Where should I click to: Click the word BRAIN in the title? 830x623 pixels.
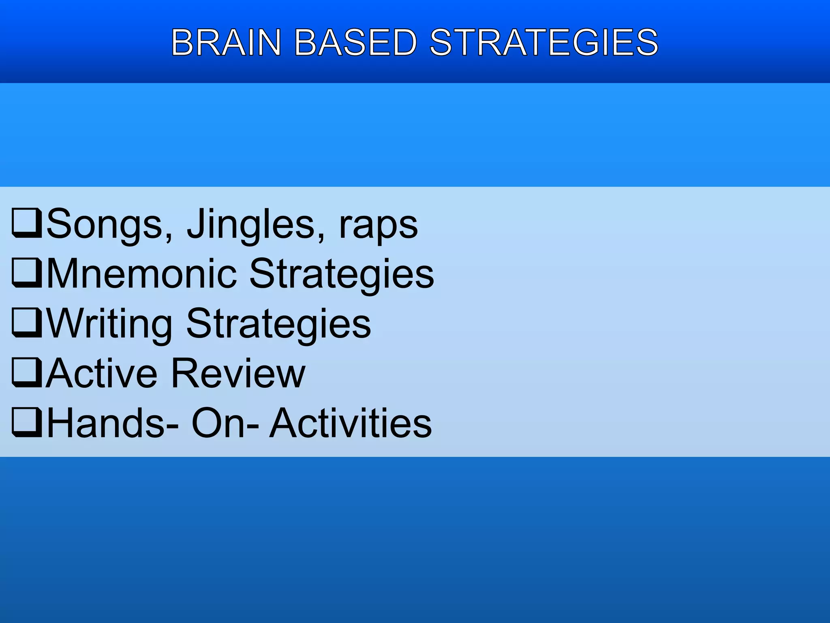click(x=226, y=42)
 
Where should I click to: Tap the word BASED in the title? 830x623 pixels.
click(x=355, y=42)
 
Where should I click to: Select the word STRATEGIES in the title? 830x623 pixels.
click(x=544, y=42)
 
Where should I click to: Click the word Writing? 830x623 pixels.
click(x=109, y=324)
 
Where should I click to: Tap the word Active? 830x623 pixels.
click(x=101, y=374)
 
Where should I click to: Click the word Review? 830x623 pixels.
click(x=238, y=374)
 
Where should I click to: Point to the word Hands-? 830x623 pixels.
click(x=112, y=423)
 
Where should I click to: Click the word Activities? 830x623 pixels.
click(x=351, y=423)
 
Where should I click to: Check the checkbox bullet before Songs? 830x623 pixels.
click(x=26, y=223)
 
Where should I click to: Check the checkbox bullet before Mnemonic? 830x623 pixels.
click(x=26, y=273)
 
